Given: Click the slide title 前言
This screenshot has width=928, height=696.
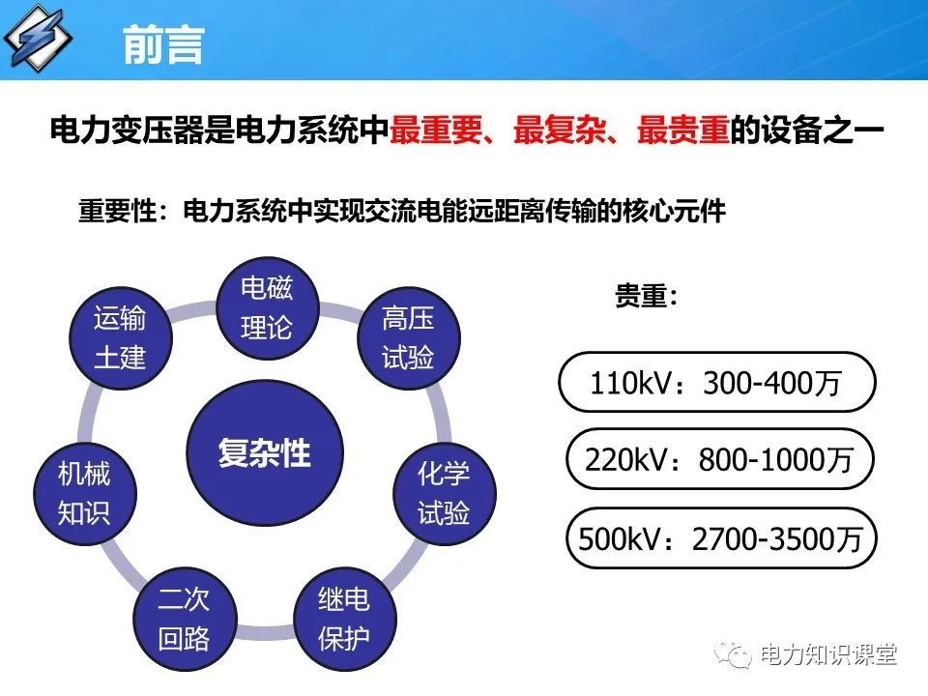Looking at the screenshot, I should pos(163,44).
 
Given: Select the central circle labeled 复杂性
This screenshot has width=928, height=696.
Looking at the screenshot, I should pos(264,452).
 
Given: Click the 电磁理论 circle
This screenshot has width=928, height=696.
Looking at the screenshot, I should pos(266,308).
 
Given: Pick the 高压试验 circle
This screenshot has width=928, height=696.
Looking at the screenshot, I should pos(408,337).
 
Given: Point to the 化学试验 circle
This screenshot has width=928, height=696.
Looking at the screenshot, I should pos(444,492).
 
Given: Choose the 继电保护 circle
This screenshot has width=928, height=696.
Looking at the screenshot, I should pos(343,620).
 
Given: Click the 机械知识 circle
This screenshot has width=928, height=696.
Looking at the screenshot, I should pos(84,492).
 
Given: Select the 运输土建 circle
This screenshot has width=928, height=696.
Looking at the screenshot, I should pos(120,337).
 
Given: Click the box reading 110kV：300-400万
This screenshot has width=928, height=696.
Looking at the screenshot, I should pos(716,384).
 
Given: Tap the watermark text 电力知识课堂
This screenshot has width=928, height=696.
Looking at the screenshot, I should pos(828,655).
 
